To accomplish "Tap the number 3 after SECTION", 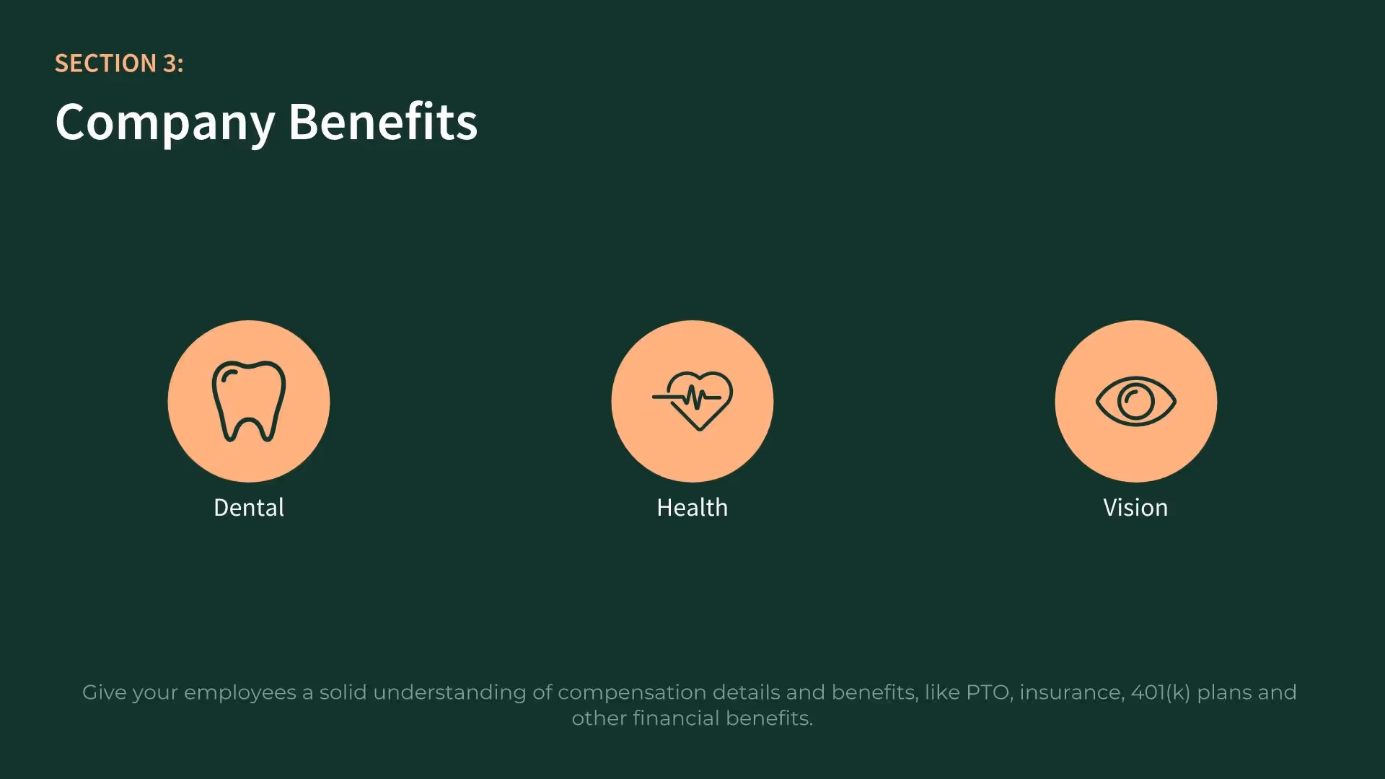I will pyautogui.click(x=170, y=63).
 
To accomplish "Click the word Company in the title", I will pyautogui.click(x=165, y=122).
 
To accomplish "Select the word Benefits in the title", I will pyautogui.click(x=383, y=122).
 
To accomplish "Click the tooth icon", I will pyautogui.click(x=249, y=401).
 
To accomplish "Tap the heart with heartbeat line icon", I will pyautogui.click(x=692, y=400).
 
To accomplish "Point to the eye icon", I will pyautogui.click(x=1135, y=401).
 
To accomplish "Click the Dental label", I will pyautogui.click(x=249, y=508).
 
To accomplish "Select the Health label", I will pyautogui.click(x=692, y=508).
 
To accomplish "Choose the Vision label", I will pyautogui.click(x=1135, y=508).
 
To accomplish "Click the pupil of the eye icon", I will pyautogui.click(x=1135, y=401).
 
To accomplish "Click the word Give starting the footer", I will pyautogui.click(x=104, y=692).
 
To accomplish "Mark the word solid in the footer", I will pyautogui.click(x=343, y=692).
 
